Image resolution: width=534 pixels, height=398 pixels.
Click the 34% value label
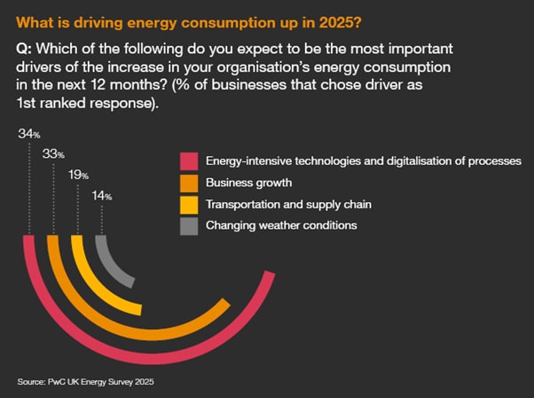(x=28, y=133)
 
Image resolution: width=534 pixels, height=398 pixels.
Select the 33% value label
(x=54, y=153)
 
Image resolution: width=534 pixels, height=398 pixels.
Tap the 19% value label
(x=79, y=176)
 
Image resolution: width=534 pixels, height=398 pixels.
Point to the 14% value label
(x=102, y=196)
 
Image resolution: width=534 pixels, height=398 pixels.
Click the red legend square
(x=188, y=161)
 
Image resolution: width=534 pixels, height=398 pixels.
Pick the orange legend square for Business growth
(x=188, y=183)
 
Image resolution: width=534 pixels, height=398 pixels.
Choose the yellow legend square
(x=188, y=204)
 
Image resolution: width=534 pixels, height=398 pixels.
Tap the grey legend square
(x=188, y=225)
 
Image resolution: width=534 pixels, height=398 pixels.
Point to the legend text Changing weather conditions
(x=281, y=225)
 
